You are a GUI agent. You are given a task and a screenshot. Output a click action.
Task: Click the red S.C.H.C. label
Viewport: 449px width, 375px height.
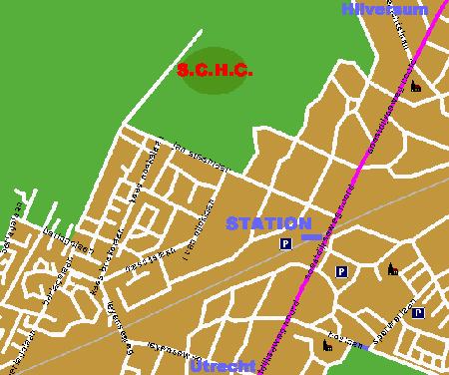(x=215, y=71)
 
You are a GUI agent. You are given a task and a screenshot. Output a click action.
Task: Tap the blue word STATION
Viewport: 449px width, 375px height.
(x=268, y=223)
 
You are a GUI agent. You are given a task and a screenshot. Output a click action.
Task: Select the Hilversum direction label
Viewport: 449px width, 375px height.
(x=384, y=10)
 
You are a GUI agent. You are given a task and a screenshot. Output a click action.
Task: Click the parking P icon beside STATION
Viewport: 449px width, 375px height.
(x=285, y=243)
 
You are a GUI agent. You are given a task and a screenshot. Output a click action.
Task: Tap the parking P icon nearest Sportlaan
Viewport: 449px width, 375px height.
(x=418, y=312)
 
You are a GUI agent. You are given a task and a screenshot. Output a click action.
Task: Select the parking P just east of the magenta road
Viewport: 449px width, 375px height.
(x=341, y=271)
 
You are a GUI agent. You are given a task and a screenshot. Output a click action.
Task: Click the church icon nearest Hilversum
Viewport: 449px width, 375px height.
(x=416, y=87)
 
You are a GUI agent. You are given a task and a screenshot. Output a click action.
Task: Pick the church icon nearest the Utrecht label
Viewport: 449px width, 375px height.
(x=328, y=346)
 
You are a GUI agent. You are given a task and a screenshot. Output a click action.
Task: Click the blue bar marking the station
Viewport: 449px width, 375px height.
(x=312, y=237)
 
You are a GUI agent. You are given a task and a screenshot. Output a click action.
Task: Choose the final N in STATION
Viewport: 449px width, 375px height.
(x=304, y=223)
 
